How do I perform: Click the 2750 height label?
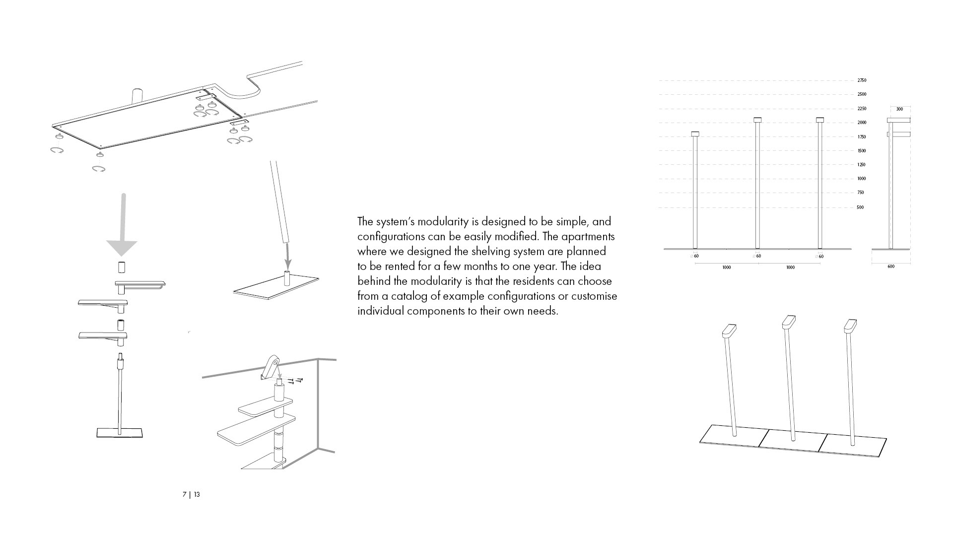point(862,80)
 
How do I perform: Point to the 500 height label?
point(860,207)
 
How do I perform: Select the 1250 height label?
point(861,165)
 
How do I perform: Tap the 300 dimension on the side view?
point(899,109)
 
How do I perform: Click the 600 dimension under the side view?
point(891,267)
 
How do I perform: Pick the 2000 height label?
point(862,123)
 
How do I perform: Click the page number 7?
point(185,494)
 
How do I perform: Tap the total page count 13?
point(197,494)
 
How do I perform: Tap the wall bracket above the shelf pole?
point(271,368)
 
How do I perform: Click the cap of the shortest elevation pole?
point(695,134)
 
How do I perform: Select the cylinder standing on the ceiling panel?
point(137,95)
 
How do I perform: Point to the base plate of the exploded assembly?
point(120,433)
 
